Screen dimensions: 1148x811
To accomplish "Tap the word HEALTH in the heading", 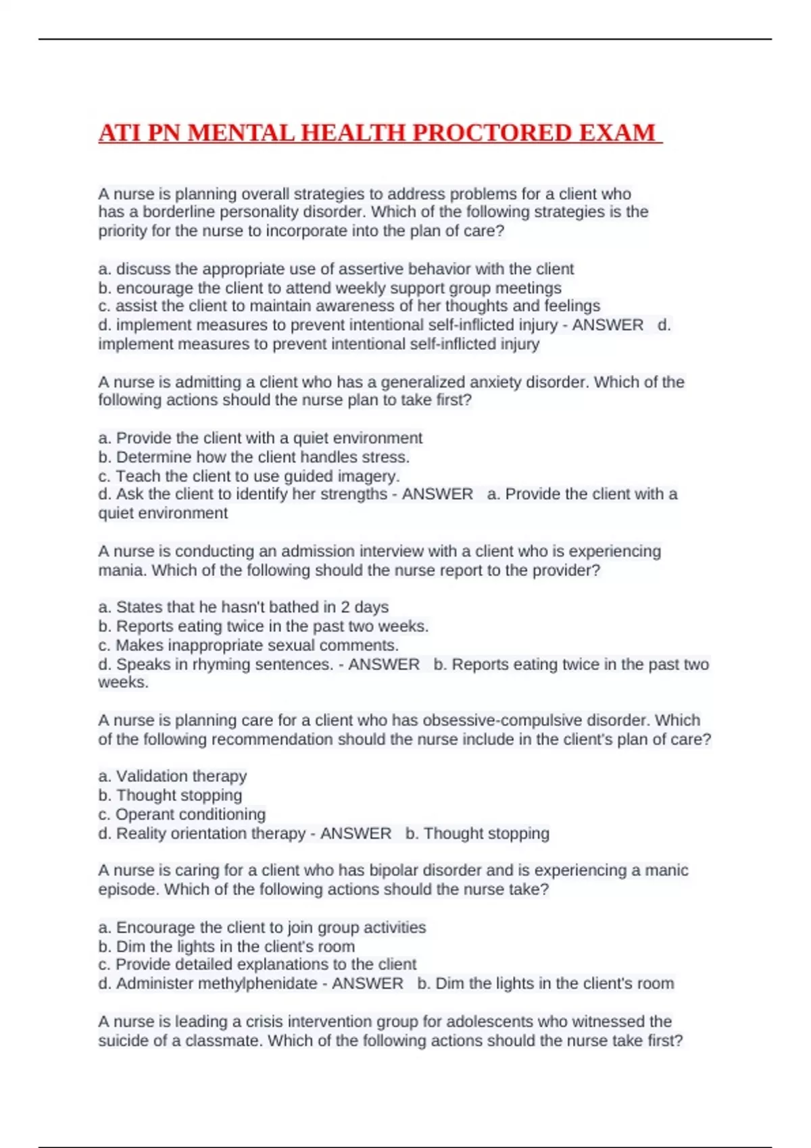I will click(353, 132).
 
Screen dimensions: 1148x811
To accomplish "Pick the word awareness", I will click(356, 306).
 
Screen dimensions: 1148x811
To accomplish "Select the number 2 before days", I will click(345, 607).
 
